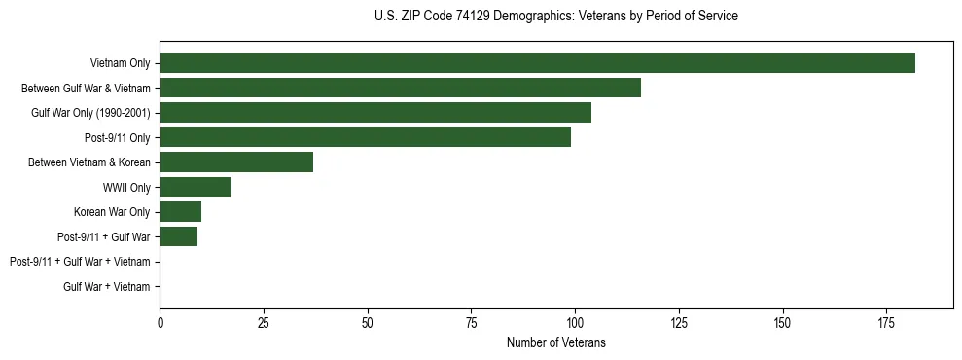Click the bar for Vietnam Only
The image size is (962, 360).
pos(537,63)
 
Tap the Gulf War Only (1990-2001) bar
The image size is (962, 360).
pos(375,113)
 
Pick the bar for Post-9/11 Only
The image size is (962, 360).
pos(365,137)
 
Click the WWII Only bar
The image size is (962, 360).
pos(195,187)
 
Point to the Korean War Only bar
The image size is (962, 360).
pos(180,212)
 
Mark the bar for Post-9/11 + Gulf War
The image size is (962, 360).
pos(178,236)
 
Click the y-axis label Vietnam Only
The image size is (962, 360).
pos(120,63)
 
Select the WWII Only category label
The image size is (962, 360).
pos(125,187)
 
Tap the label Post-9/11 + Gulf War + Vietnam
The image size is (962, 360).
pos(80,262)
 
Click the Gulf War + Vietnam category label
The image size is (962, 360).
pos(107,287)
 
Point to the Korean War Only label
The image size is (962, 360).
pos(112,212)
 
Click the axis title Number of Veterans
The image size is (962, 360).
pos(555,342)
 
